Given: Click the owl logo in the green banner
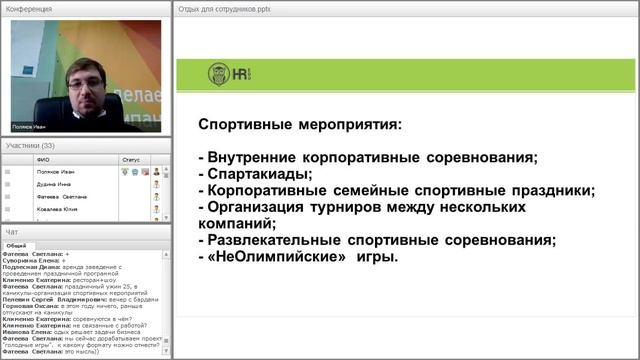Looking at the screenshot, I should pos(218,74).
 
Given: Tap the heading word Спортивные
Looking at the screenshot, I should pos(249,126).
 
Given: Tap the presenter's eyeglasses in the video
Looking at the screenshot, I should pos(82,86).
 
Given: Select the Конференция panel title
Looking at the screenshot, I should pos(30,8).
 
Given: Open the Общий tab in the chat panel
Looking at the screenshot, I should pos(16,245).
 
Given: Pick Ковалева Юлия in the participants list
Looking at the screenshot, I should pos(57,210).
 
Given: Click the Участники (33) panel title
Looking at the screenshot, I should pos(30,146).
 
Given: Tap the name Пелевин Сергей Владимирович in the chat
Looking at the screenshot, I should pos(46,298).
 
